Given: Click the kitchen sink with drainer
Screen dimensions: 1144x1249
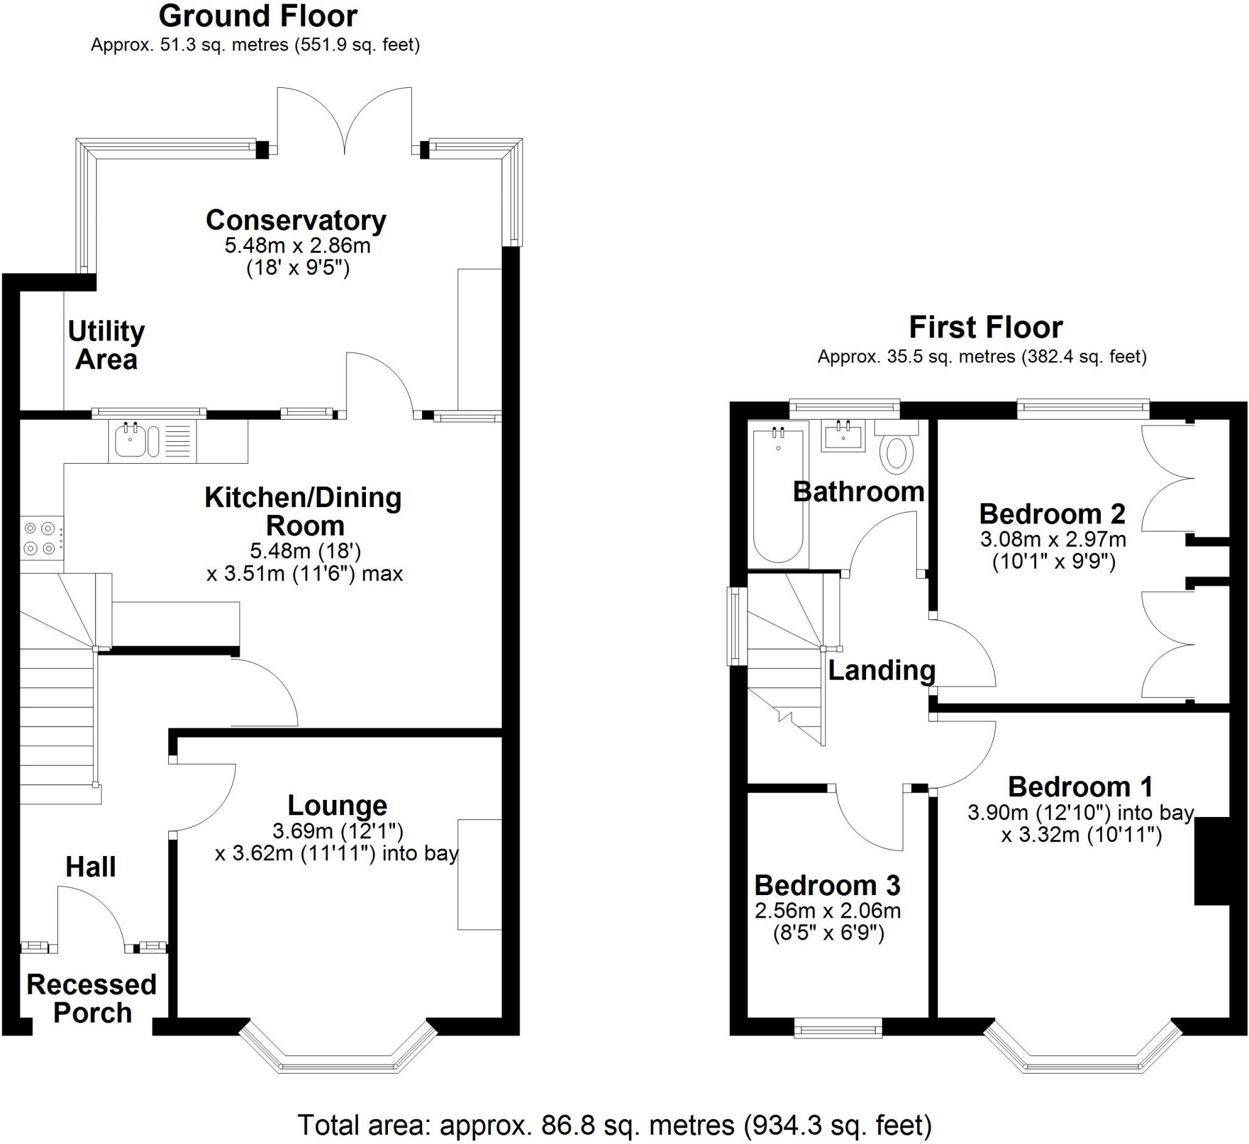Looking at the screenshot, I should tap(152, 441).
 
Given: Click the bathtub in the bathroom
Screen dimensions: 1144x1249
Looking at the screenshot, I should tap(778, 494).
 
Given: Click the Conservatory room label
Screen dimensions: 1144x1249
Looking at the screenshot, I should tap(296, 221).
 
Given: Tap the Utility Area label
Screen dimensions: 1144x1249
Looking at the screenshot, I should tap(106, 345).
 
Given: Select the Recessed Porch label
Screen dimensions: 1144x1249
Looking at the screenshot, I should tap(91, 998).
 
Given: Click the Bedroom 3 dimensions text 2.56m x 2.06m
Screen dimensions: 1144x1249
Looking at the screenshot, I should tap(827, 910).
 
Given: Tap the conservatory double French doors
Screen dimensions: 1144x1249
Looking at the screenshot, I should tap(345, 121).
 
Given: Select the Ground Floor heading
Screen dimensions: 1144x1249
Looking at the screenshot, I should tap(258, 16).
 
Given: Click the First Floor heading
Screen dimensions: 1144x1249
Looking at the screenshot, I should tap(985, 327).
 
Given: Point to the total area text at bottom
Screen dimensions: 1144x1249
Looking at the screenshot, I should tap(614, 1124).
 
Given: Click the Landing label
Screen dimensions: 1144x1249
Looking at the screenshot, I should tap(881, 671).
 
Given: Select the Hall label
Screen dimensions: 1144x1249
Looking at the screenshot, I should tap(90, 866).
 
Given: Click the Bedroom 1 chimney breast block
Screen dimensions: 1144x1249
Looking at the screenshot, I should tap(1211, 862).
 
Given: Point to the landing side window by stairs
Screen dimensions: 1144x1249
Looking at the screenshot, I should tap(735, 626).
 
